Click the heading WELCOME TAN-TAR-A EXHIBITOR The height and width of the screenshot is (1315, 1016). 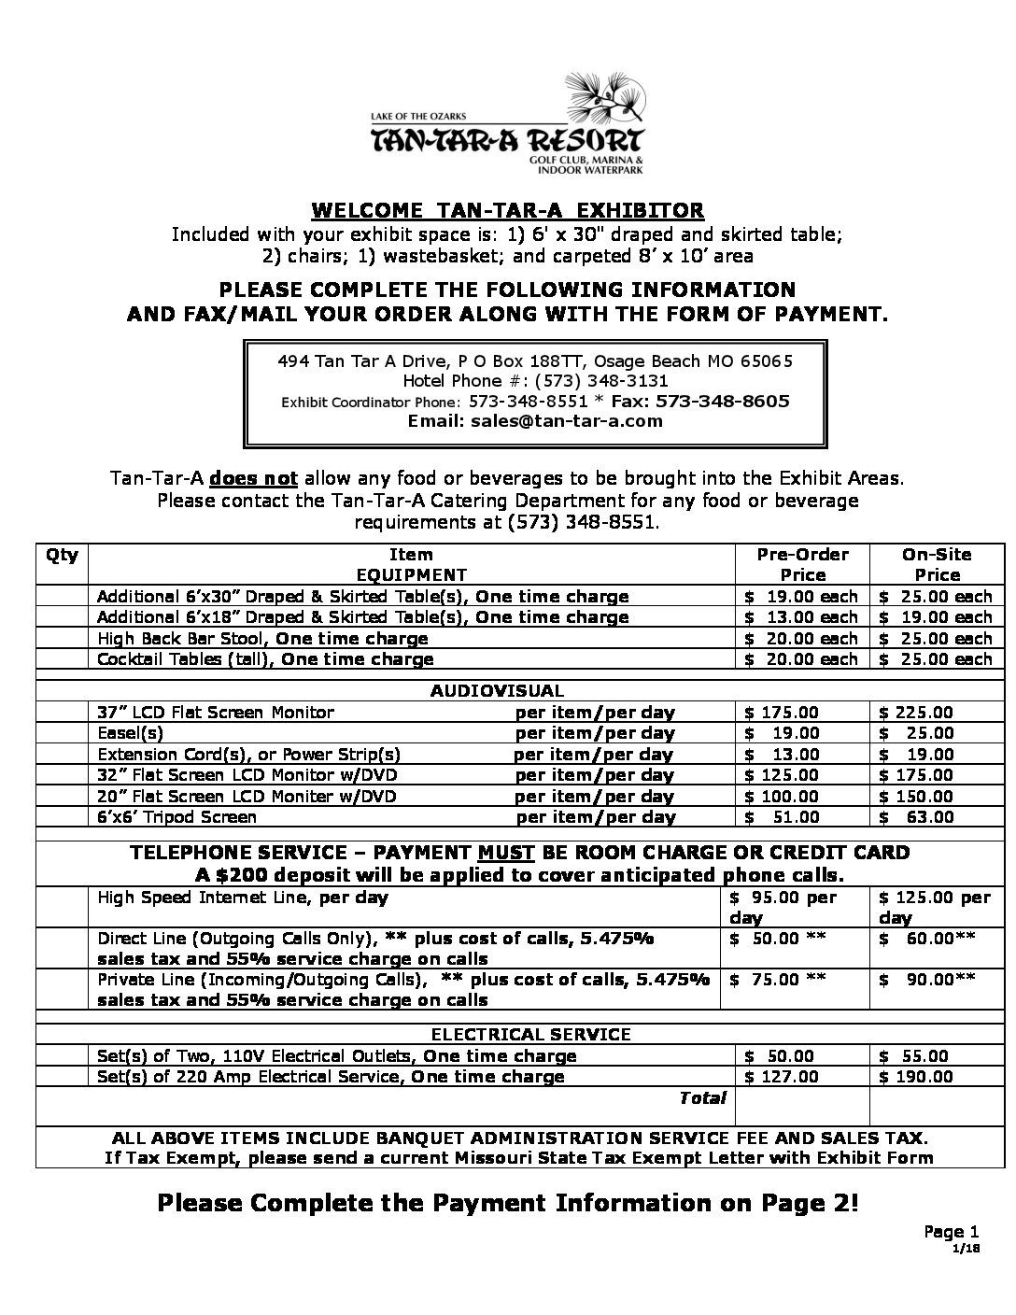507,210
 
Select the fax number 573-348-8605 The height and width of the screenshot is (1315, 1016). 723,402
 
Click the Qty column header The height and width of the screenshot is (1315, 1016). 63,555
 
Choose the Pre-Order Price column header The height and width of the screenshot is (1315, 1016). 802,564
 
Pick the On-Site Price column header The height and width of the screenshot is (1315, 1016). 937,564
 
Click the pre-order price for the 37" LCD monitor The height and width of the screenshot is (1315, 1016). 783,713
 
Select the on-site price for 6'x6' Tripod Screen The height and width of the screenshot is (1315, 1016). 916,817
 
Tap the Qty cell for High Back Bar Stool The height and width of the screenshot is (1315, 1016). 63,639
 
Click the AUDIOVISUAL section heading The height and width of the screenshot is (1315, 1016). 497,691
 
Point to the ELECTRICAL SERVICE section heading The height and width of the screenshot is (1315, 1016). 530,1034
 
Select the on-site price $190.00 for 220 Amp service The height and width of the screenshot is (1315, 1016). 916,1077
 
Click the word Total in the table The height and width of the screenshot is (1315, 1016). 702,1098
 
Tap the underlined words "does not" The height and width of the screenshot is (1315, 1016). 254,479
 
